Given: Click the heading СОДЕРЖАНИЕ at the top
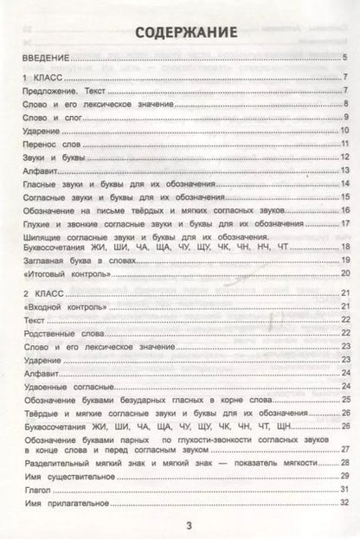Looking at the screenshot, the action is (x=179, y=34).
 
